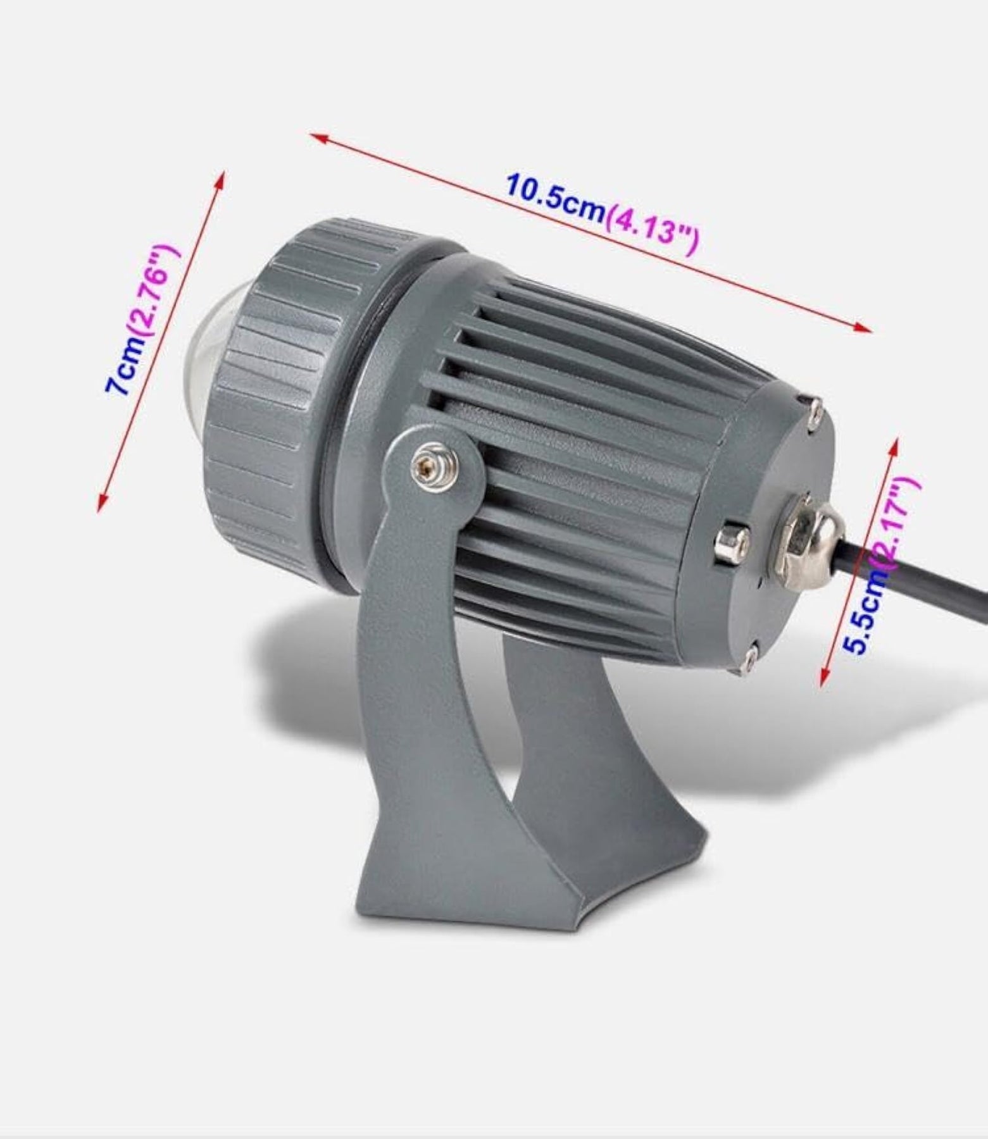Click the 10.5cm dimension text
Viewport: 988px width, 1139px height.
[x=555, y=196]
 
